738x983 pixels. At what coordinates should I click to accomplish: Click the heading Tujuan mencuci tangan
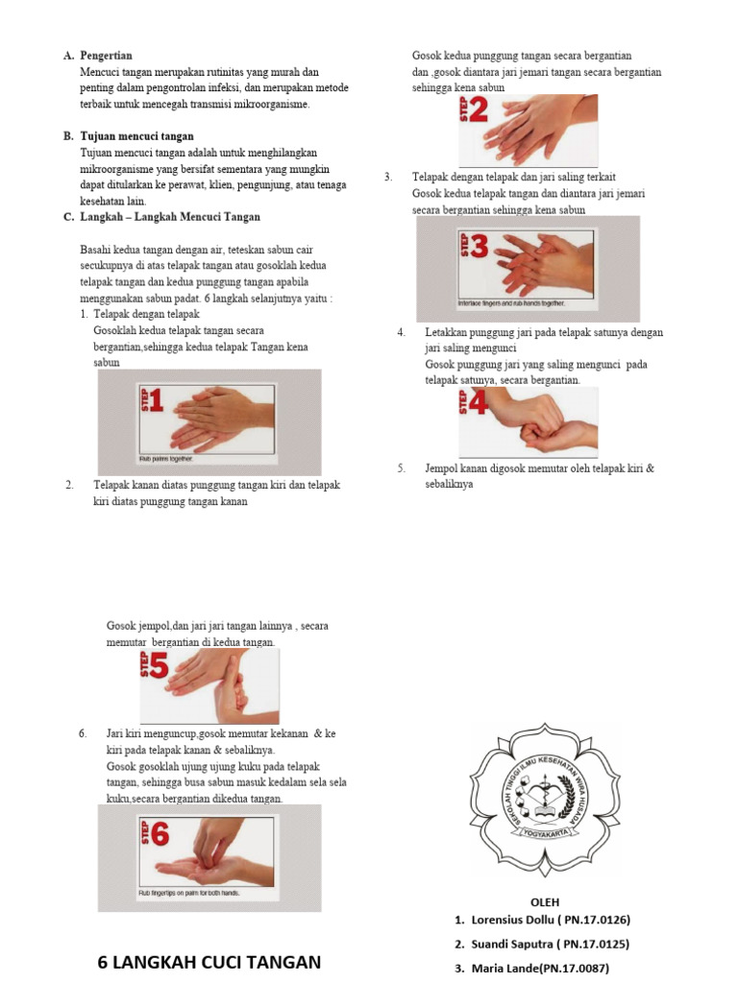pos(137,136)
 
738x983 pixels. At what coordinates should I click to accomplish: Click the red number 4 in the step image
pos(478,404)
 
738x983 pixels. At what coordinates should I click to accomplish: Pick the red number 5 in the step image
pos(158,665)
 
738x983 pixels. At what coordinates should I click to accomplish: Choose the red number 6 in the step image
pos(158,835)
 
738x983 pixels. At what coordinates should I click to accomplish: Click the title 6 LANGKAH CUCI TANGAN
pos(209,962)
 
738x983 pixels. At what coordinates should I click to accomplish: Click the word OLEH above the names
pos(545,901)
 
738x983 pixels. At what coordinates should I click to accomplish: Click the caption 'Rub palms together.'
pos(167,459)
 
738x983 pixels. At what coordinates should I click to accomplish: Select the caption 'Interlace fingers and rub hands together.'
pos(518,303)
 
